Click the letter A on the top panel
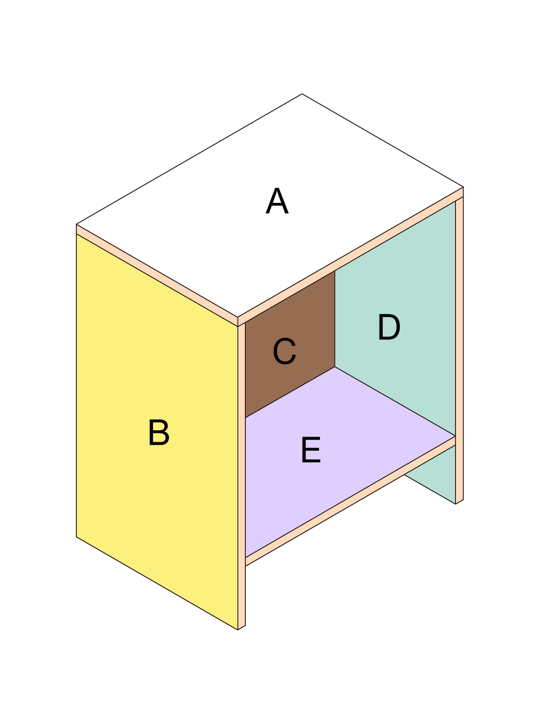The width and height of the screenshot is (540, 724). click(277, 201)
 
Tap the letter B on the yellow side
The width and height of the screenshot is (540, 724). click(159, 432)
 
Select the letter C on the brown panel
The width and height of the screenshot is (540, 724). click(284, 351)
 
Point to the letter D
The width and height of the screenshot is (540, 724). click(389, 327)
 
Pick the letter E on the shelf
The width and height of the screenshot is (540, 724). click(311, 450)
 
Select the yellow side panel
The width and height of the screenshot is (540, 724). click(157, 431)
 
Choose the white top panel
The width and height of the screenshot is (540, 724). click(270, 205)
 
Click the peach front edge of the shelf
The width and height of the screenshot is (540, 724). click(350, 501)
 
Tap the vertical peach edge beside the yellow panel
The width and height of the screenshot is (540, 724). click(241, 476)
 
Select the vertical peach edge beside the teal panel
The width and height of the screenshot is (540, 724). click(459, 350)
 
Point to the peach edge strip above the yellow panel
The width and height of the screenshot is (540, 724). click(157, 275)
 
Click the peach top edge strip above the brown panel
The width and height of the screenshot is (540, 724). click(350, 256)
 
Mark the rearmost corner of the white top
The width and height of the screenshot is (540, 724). click(302, 94)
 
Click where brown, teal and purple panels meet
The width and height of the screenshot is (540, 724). click(335, 367)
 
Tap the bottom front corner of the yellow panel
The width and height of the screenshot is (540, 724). click(238, 630)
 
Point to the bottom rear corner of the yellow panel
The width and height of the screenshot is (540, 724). click(76, 537)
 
